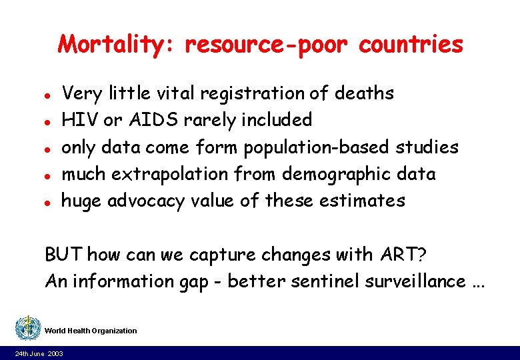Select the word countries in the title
coord(409,45)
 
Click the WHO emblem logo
coord(27,328)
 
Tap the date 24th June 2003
coord(40,353)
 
